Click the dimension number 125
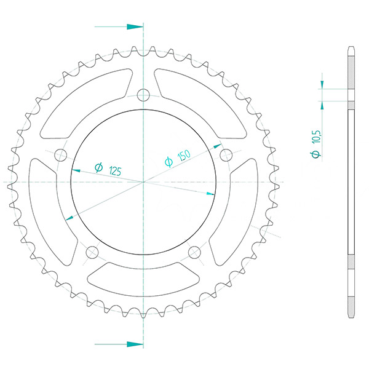click(115, 171)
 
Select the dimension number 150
click(184, 156)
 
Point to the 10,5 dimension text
click(317, 137)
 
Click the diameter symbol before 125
click(99, 167)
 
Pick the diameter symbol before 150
click(169, 162)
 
